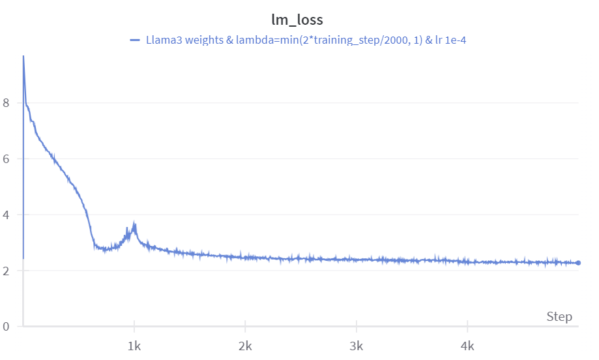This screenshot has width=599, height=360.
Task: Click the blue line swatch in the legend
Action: point(135,40)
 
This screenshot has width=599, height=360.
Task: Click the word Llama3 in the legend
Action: point(163,40)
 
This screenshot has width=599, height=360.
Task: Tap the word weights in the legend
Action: point(204,40)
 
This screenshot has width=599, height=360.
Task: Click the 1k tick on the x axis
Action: point(134,344)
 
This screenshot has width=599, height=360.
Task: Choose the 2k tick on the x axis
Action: point(245,344)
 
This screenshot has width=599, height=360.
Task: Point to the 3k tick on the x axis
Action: point(356,344)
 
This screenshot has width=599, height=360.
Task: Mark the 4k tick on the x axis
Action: point(467,344)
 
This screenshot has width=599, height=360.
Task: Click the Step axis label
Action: point(559,317)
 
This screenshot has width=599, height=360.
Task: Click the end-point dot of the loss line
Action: point(578,263)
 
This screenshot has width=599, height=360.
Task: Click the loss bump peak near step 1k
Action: point(134,224)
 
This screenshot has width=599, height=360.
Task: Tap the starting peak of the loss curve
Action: point(23,57)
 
